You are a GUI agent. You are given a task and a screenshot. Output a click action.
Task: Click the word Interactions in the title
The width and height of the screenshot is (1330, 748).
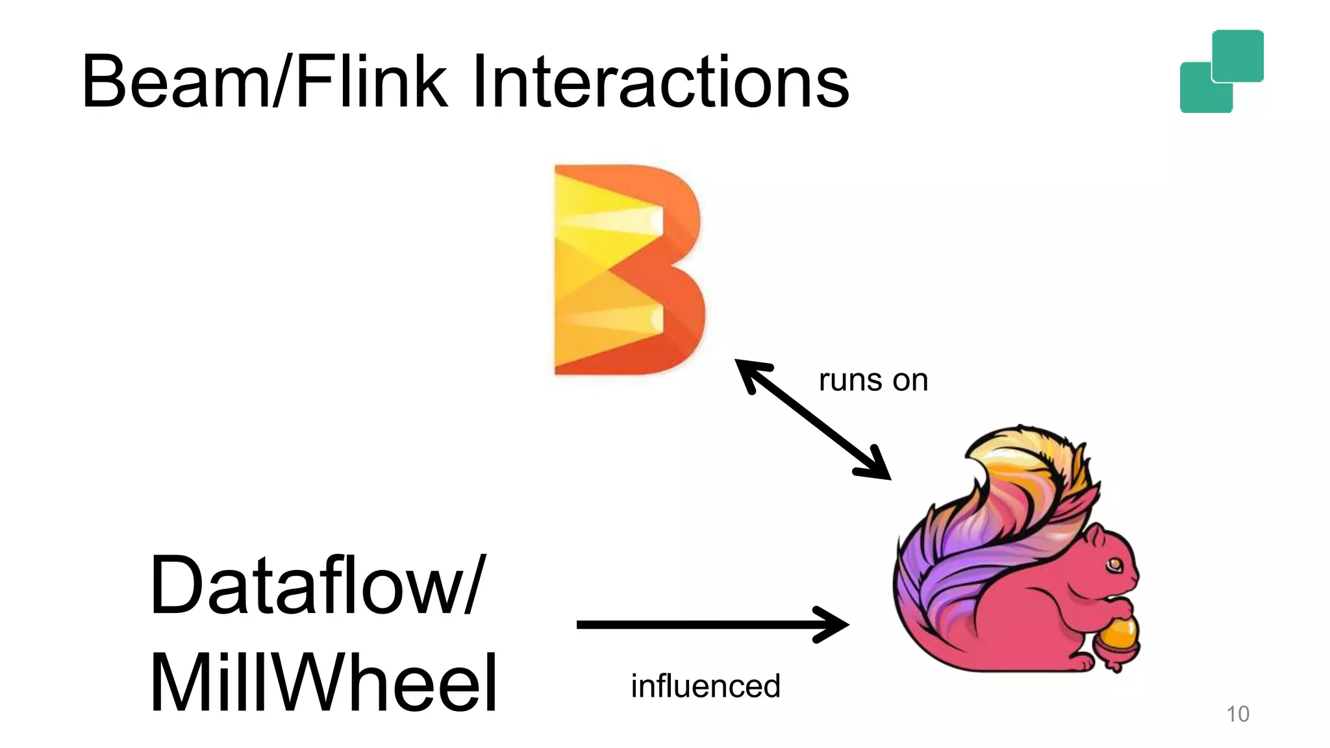(660, 82)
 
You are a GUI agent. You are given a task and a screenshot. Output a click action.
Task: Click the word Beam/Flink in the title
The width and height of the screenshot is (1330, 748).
(264, 82)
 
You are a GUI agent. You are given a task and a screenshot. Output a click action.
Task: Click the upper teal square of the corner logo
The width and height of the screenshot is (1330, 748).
(1238, 55)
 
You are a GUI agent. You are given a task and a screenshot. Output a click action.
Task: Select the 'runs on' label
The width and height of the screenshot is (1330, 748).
(873, 380)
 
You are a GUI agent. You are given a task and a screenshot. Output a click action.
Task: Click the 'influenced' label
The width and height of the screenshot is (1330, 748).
(705, 686)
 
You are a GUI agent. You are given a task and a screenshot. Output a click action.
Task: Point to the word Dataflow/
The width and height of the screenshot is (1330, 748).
(317, 584)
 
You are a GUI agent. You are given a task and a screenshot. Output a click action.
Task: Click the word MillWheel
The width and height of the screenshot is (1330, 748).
(323, 683)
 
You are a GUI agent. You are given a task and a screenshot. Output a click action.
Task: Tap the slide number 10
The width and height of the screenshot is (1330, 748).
(1237, 714)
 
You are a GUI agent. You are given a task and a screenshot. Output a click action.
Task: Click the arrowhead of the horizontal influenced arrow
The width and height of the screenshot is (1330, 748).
(834, 625)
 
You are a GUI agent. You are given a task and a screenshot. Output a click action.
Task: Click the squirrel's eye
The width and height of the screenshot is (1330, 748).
(1114, 563)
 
